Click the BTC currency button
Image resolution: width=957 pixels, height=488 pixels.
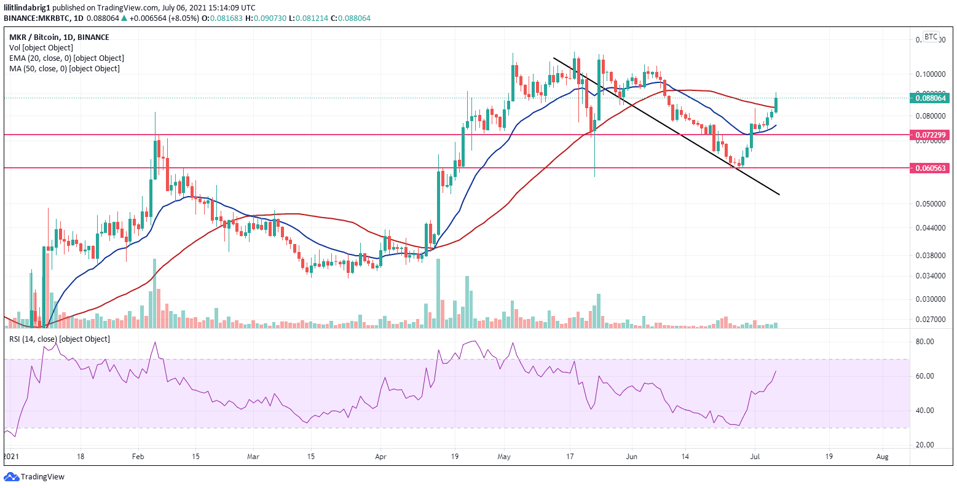[x=931, y=37]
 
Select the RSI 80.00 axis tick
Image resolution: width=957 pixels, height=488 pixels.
[x=925, y=342]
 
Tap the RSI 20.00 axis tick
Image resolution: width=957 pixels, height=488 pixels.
[x=925, y=445]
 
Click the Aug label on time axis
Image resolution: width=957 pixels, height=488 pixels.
[x=882, y=457]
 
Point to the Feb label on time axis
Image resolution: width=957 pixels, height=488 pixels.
[x=138, y=457]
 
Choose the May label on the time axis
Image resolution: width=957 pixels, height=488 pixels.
[x=504, y=457]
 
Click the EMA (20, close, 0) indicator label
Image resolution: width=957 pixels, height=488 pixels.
[x=66, y=58]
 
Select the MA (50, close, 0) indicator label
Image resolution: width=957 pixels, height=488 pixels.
[x=64, y=69]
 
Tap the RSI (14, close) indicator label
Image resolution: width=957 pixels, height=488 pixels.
[x=59, y=339]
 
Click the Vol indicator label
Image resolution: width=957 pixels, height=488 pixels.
[x=41, y=48]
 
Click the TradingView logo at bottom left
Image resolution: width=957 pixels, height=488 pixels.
[x=34, y=477]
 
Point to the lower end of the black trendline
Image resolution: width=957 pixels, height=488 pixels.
[x=779, y=194]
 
